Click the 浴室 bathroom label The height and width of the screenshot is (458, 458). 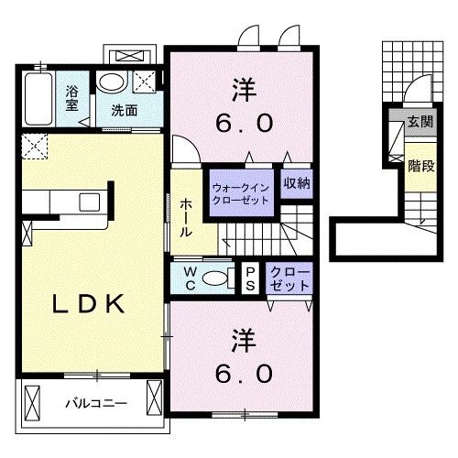(71, 97)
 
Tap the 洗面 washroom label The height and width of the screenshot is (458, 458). (125, 111)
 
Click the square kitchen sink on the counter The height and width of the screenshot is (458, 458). (91, 202)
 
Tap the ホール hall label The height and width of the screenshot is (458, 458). (184, 218)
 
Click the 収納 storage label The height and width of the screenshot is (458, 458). (295, 181)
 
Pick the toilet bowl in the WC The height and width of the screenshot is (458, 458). (215, 279)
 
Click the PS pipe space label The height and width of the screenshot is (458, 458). (250, 278)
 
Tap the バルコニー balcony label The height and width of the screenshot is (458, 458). (95, 402)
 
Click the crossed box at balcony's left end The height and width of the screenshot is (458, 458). (34, 403)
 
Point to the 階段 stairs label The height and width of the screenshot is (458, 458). (420, 167)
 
